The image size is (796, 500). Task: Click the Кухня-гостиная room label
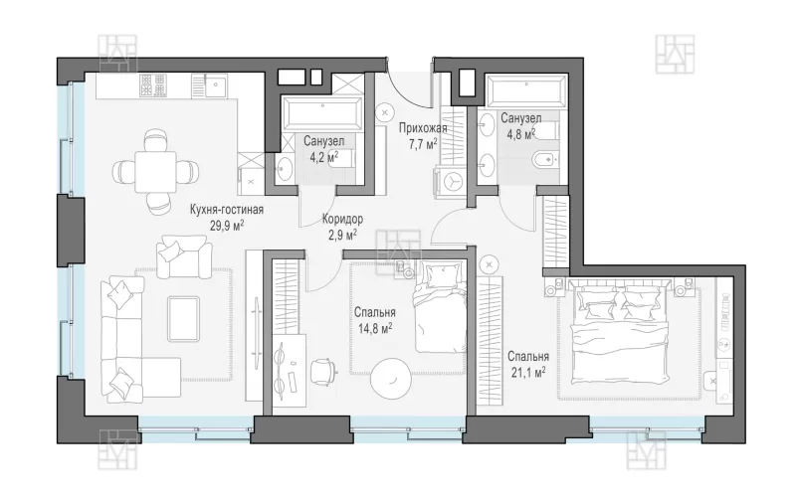tap(227, 210)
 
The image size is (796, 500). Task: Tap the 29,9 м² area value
tap(227, 226)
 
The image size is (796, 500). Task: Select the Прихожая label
tap(422, 128)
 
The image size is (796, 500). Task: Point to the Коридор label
tap(342, 219)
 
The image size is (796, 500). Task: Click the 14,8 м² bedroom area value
tap(375, 329)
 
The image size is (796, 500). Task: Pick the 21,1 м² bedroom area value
tap(528, 373)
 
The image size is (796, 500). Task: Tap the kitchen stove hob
tap(152, 85)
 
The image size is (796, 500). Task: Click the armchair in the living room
tap(184, 256)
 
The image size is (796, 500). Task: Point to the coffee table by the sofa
tap(183, 318)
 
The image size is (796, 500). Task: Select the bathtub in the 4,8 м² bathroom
tap(526, 91)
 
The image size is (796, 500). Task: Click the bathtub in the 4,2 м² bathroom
tap(322, 113)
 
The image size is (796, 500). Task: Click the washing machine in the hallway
tap(450, 181)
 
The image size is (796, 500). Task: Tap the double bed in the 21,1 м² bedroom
tap(620, 333)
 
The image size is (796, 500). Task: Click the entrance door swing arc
tap(404, 91)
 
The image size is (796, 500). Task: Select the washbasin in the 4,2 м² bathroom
tap(284, 167)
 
